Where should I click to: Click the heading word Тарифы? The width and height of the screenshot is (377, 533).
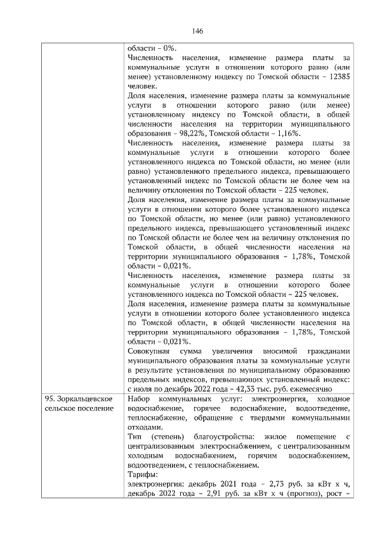click(x=143, y=474)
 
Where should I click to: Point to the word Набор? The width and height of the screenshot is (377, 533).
click(x=140, y=399)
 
